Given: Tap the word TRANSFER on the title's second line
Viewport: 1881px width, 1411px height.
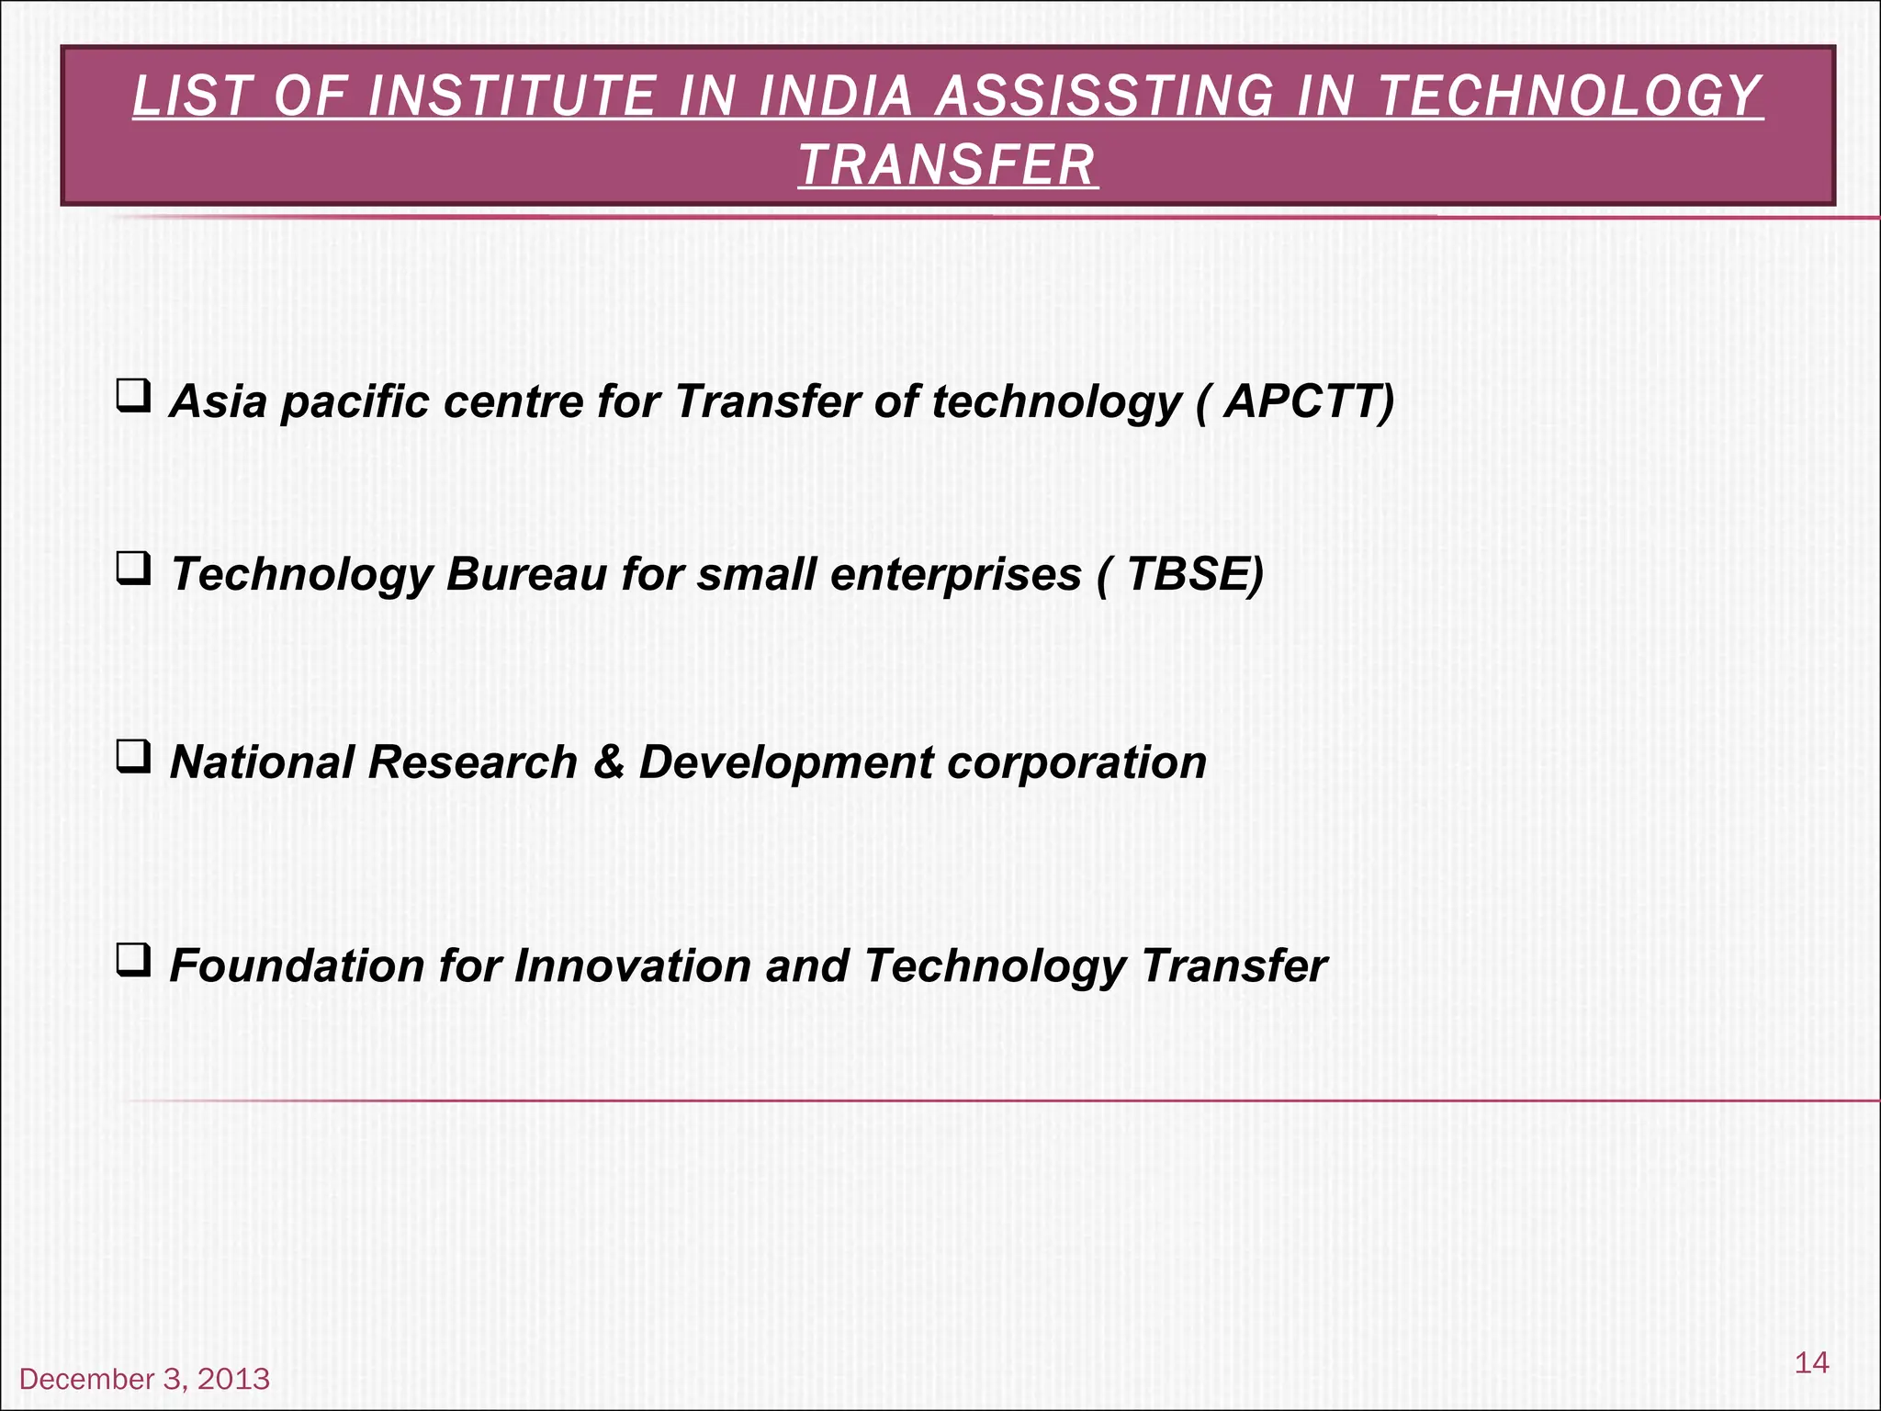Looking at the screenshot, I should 947,165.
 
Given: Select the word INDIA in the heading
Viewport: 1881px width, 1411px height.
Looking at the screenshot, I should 835,96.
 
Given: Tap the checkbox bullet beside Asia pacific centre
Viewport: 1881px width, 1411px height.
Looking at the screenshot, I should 134,397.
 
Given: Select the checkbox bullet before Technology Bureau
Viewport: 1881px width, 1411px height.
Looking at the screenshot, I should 134,570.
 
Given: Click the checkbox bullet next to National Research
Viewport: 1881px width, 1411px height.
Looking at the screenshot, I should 134,758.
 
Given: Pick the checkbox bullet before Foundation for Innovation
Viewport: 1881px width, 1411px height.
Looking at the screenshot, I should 134,962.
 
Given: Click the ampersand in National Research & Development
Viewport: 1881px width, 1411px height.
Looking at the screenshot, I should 608,762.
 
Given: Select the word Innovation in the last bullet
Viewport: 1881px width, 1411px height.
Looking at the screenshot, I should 632,965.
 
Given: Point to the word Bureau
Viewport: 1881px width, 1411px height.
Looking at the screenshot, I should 526,574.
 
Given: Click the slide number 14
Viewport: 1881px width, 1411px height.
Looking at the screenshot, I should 1811,1362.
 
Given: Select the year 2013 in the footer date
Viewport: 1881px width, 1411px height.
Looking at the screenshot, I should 233,1379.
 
